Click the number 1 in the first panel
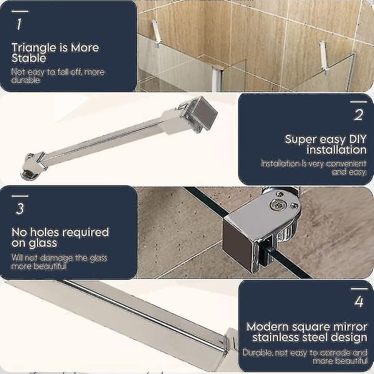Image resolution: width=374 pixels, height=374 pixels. point(19,24)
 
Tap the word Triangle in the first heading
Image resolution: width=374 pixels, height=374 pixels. point(34,49)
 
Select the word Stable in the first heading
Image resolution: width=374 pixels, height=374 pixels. point(29,58)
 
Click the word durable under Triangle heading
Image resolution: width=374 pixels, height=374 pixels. point(26,80)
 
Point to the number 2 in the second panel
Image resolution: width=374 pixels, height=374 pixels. point(359,115)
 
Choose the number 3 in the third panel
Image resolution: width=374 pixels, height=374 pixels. point(20,209)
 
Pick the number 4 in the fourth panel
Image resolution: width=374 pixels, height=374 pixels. point(359,302)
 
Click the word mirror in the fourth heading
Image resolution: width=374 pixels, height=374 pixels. point(351,327)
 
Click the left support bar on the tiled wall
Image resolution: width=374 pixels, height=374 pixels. point(156,34)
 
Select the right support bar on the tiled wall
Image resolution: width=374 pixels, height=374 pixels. point(324,57)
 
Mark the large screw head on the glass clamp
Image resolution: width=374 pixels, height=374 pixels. point(277,204)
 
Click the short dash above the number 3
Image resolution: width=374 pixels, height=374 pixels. point(20,196)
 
